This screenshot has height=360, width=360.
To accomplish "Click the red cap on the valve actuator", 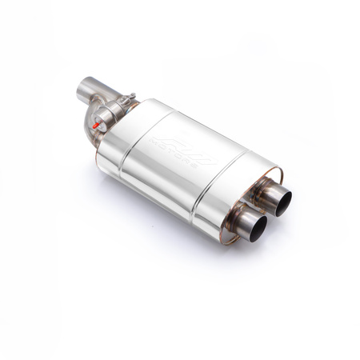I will point(94,126).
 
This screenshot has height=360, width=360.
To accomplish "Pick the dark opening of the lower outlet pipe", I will point(257,228).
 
